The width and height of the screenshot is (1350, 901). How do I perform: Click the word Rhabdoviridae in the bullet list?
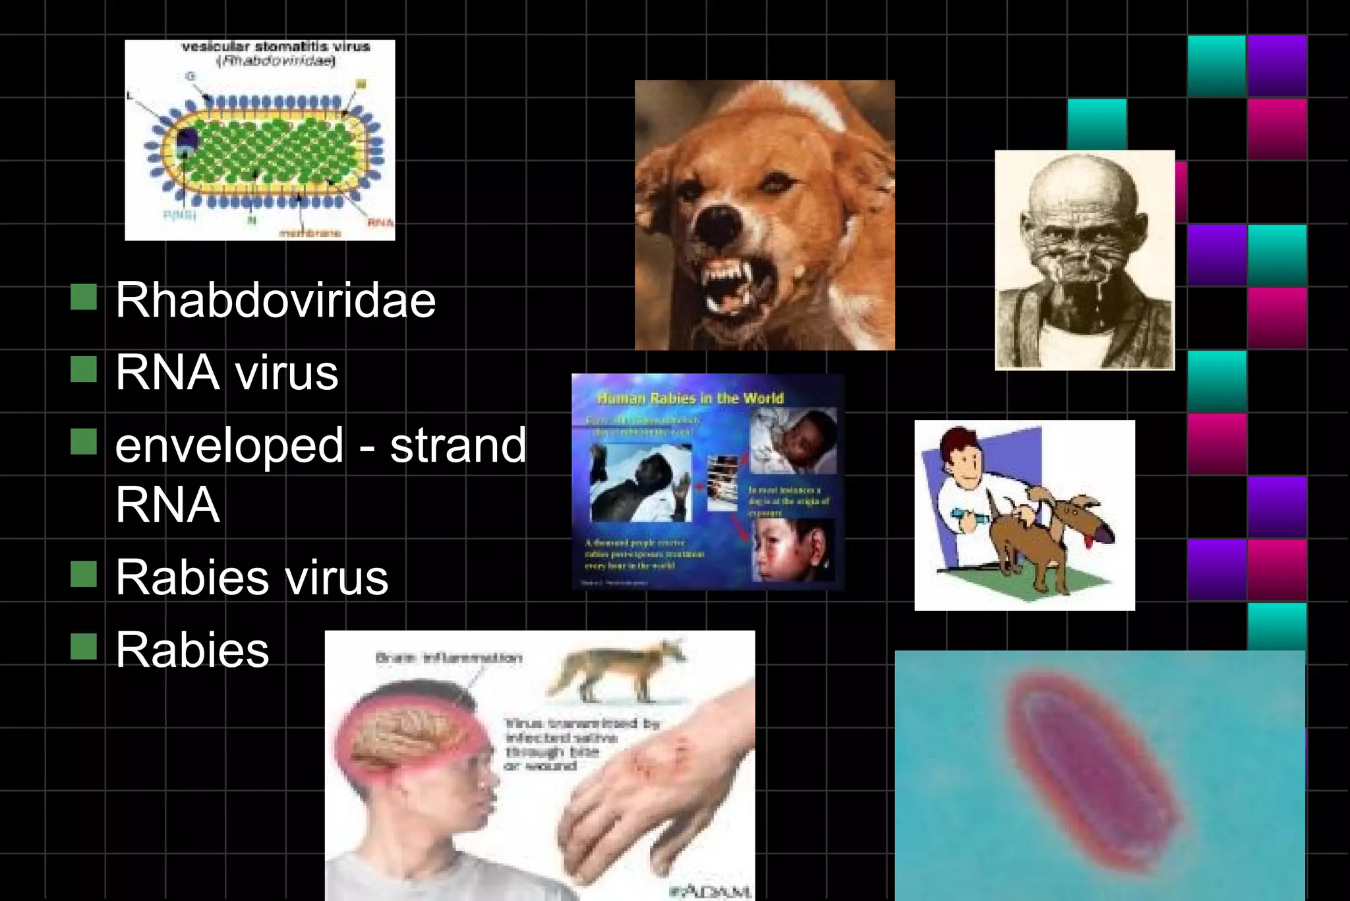(x=276, y=301)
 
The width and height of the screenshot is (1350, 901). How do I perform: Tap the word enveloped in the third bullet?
(x=229, y=445)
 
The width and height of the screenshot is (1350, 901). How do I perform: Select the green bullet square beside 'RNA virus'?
(x=84, y=369)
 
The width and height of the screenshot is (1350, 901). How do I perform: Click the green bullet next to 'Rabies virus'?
(x=84, y=574)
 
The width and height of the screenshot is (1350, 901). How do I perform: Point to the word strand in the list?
(x=458, y=445)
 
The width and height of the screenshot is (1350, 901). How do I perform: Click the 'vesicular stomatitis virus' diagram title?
(x=276, y=47)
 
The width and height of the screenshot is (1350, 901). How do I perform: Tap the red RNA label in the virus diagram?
(x=380, y=223)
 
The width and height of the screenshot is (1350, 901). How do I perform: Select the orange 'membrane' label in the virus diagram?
(x=310, y=233)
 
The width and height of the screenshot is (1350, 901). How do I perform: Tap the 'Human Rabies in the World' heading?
(x=690, y=398)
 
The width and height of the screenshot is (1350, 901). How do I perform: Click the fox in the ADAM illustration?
(x=616, y=669)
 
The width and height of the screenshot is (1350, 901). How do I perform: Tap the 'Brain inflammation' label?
(x=448, y=658)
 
